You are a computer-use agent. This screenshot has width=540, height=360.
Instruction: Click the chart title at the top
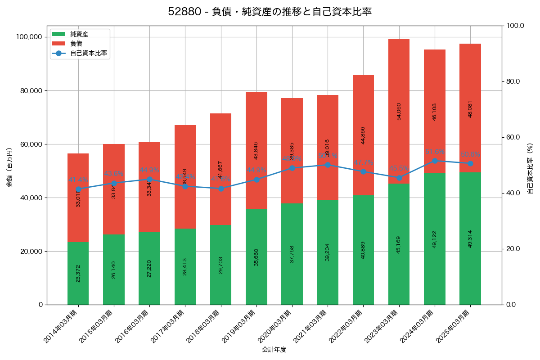click(270, 12)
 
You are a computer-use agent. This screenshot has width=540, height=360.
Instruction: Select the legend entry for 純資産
click(79, 34)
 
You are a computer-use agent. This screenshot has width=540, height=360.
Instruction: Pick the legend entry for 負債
click(76, 44)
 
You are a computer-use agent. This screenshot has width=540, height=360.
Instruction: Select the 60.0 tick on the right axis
click(513, 137)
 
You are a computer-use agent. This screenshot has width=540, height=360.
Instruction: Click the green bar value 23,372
click(78, 273)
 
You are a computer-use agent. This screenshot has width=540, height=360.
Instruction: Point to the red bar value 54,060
click(399, 111)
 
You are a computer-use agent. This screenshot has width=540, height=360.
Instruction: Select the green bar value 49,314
click(470, 238)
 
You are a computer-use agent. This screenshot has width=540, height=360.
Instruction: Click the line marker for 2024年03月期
click(435, 161)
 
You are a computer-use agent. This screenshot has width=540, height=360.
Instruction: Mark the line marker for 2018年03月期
click(221, 189)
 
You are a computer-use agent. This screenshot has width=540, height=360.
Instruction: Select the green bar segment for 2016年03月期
click(149, 268)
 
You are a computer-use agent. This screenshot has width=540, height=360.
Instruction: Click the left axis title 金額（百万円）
click(9, 167)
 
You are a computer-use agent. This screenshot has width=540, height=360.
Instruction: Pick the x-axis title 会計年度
click(274, 349)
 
